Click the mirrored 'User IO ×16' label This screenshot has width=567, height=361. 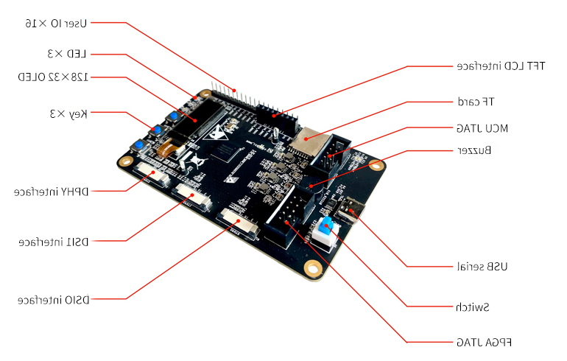point(56,24)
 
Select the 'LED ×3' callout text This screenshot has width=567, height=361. point(67,54)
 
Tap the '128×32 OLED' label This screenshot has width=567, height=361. point(53,77)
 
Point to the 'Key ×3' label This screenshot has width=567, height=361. point(68,114)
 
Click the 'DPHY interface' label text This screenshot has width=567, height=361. point(52,192)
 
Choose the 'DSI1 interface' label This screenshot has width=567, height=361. point(54,242)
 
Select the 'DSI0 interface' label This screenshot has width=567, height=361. point(54,300)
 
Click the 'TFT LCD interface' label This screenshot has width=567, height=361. point(501,66)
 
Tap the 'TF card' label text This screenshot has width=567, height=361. point(476,102)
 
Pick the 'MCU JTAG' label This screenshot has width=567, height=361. point(482,128)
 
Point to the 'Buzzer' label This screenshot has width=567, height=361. point(474,150)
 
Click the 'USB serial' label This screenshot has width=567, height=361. point(482,267)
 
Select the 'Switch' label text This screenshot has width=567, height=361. point(473,307)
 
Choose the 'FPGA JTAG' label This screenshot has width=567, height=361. point(485,342)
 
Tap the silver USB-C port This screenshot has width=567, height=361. point(349,210)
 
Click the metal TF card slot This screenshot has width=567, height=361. point(308,141)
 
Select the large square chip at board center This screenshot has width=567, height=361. point(227,151)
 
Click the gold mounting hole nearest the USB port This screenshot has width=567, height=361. point(376,166)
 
